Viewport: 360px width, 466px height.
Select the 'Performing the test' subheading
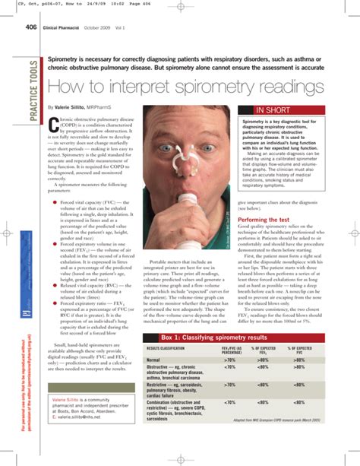click(x=267, y=240)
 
